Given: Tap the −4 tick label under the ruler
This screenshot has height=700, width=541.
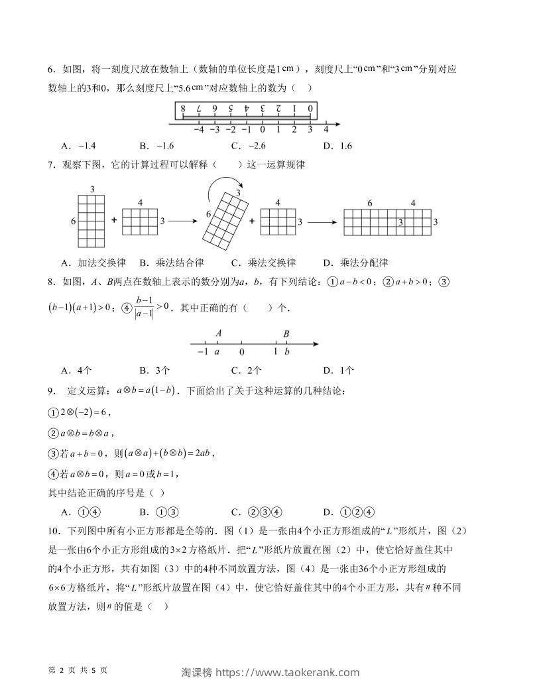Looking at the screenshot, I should point(198,130).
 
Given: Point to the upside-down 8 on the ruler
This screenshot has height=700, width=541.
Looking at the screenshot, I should point(182,108).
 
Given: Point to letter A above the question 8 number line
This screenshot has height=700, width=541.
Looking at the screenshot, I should point(218,333).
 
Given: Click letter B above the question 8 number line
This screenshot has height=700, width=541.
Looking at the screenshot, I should point(286,333).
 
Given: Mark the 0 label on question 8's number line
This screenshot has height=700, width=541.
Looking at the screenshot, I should point(242,352).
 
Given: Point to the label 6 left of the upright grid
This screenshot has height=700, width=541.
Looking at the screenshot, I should point(73,221).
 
